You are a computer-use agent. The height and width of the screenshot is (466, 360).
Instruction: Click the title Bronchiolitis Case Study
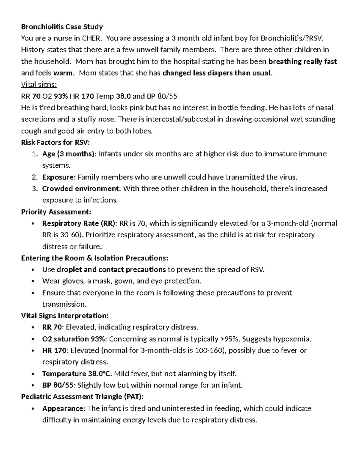coord(62,27)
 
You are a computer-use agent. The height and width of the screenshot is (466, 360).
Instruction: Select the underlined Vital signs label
coord(39,85)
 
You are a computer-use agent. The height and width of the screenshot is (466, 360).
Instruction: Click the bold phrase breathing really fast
coord(302,62)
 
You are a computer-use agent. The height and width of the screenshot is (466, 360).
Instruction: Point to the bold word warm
coord(63,73)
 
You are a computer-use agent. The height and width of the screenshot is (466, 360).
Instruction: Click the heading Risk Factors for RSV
coord(55,143)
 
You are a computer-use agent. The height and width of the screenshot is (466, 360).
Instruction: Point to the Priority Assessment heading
coord(56,212)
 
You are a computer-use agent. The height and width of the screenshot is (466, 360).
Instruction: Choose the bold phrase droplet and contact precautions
coord(111,269)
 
